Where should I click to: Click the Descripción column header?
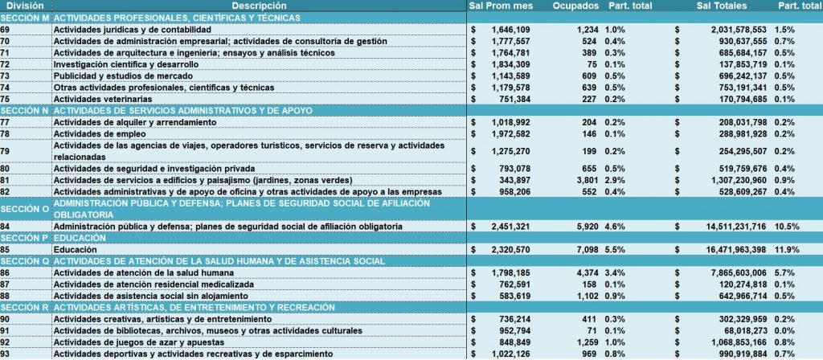click(x=259, y=6)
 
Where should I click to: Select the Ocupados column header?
click(x=575, y=6)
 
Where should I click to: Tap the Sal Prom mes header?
click(x=502, y=6)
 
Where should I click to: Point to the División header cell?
click(x=25, y=6)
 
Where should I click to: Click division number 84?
click(x=6, y=227)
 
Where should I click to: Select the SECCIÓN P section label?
click(x=25, y=238)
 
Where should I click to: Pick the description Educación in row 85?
click(x=75, y=250)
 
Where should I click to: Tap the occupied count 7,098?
click(x=587, y=250)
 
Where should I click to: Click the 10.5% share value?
click(x=786, y=227)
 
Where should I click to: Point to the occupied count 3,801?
click(x=587, y=181)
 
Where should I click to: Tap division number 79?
click(x=6, y=151)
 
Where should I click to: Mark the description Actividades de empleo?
click(x=92, y=134)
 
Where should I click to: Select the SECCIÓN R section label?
click(x=25, y=307)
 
